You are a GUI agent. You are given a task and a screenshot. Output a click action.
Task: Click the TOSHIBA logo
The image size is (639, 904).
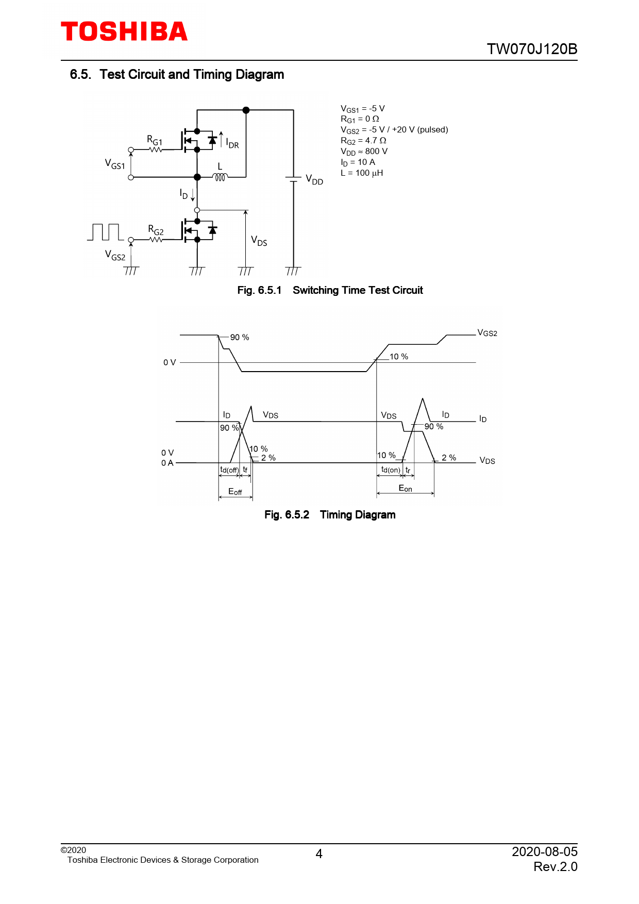tap(124, 32)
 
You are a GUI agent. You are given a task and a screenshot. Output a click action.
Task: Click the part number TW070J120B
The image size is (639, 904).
tap(532, 49)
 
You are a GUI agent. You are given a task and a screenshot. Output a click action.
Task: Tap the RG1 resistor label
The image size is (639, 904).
tap(155, 140)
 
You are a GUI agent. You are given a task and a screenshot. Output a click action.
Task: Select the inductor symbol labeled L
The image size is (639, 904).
tap(220, 177)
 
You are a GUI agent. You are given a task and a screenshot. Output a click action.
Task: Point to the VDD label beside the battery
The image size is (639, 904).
tap(314, 180)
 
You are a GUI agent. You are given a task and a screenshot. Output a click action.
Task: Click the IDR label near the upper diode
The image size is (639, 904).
tap(232, 144)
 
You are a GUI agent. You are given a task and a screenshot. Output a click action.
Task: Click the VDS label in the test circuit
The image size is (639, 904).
tap(259, 241)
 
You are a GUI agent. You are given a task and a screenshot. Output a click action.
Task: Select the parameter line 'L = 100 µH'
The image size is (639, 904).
tap(362, 173)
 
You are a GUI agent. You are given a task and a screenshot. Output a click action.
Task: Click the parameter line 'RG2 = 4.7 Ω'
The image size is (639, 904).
tap(363, 141)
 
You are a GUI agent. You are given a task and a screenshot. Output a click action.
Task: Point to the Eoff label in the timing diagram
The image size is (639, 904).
tap(235, 492)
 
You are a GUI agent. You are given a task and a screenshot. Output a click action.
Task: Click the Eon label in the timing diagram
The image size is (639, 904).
tap(405, 488)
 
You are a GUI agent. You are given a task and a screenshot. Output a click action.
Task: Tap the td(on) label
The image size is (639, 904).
tap(390, 470)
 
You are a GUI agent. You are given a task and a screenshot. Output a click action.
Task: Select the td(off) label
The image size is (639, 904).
tap(229, 470)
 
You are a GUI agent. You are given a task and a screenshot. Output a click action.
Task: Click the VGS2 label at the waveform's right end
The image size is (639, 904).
tap(487, 333)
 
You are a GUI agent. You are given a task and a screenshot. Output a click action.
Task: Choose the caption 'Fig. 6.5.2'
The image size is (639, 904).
tap(287, 515)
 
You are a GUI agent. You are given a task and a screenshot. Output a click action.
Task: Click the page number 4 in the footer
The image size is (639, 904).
tap(319, 854)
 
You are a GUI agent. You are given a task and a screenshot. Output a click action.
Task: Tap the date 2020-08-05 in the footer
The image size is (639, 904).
tap(544, 851)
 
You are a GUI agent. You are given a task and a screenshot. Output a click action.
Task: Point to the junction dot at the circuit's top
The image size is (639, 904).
tap(246, 110)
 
